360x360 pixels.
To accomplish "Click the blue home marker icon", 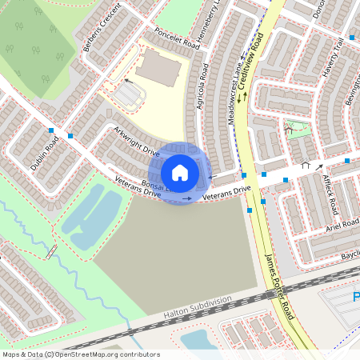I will click(x=179, y=173).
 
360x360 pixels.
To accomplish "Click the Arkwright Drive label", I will click(x=136, y=141).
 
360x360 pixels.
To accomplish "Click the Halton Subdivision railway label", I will click(x=198, y=308).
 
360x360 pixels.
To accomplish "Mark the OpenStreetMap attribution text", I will click(x=80, y=354).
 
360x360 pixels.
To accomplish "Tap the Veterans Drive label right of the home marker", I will click(x=226, y=192).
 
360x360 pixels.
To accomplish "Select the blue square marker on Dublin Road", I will click(x=51, y=130).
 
